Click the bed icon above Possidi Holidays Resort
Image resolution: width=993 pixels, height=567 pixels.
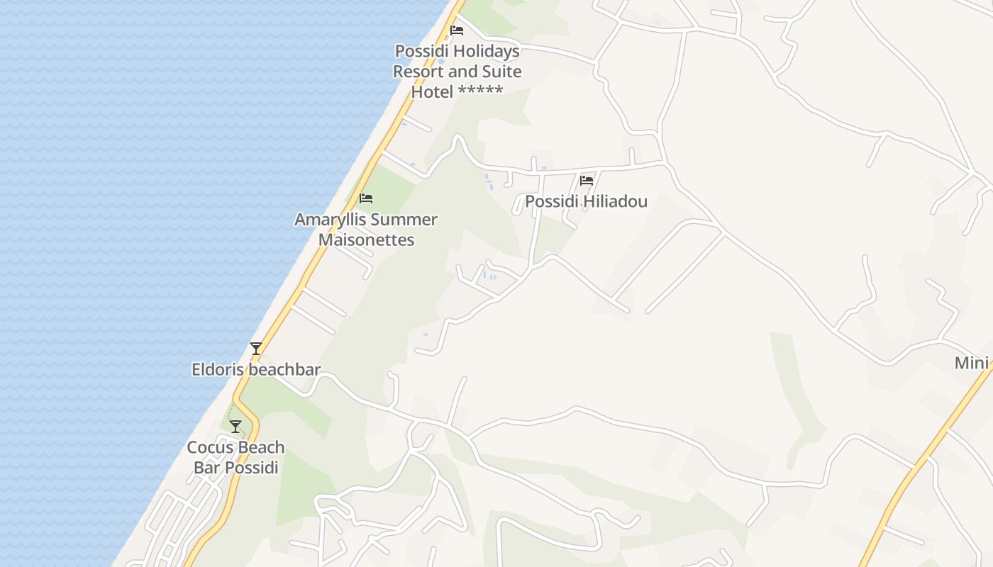tap(457, 30)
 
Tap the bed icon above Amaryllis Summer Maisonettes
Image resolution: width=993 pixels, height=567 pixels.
tap(366, 198)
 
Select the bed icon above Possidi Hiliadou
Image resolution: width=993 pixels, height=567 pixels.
tap(587, 181)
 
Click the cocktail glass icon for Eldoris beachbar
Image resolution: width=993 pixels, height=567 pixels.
tap(256, 349)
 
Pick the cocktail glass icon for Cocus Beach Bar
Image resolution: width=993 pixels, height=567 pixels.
tap(235, 427)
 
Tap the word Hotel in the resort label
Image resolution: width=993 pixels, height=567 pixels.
tap(433, 91)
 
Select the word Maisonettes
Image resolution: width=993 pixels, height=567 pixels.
tap(366, 240)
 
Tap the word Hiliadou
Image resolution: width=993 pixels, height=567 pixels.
tap(615, 201)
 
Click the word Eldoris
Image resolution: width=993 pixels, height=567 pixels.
tap(218, 369)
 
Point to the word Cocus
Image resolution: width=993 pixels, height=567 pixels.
tap(209, 447)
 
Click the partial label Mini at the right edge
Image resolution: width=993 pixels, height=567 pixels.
tap(971, 363)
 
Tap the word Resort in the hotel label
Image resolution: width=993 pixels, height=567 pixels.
tap(418, 72)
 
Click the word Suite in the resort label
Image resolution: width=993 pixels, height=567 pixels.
tap(501, 72)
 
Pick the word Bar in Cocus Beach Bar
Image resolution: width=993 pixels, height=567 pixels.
tap(206, 468)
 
